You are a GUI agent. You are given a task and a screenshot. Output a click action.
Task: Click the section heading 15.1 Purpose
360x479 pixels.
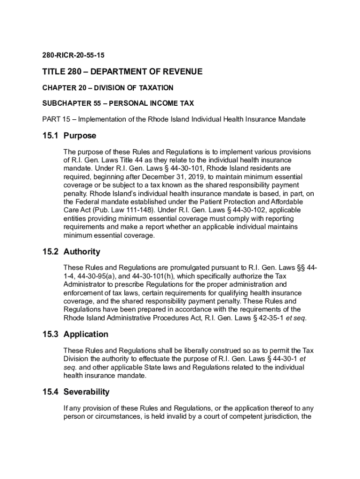click(x=69, y=136)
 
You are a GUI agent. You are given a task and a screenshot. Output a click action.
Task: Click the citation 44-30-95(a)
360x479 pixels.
click(x=97, y=276)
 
